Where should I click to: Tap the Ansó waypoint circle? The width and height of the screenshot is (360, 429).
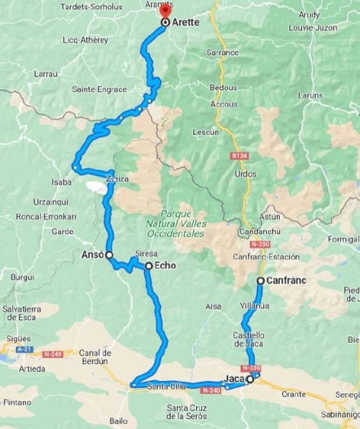[110, 255]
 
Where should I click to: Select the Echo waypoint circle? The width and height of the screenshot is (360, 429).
[148, 266]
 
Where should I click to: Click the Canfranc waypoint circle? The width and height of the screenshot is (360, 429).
[261, 281]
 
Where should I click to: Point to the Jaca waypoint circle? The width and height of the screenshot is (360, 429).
[250, 380]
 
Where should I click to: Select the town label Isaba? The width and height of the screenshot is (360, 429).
[62, 182]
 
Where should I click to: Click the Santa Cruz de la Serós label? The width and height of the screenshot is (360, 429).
[187, 412]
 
